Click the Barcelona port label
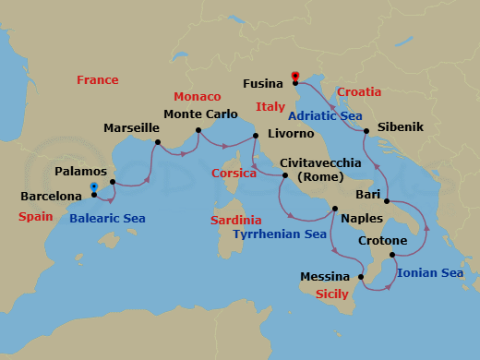point(52,197)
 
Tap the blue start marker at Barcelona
point(94,187)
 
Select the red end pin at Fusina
point(295,76)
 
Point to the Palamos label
point(80,172)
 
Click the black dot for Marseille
point(158,142)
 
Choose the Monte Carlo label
point(199,115)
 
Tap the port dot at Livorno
point(256,137)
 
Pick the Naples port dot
point(334,209)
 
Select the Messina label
point(325,277)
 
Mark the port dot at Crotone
point(392,255)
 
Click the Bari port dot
point(386,202)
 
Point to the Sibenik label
point(400,127)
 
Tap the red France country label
point(97,80)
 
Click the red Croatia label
point(358,92)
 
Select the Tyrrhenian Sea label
point(280,235)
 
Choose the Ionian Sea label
point(429,273)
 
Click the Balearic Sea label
point(107,219)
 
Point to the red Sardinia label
point(235,221)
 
